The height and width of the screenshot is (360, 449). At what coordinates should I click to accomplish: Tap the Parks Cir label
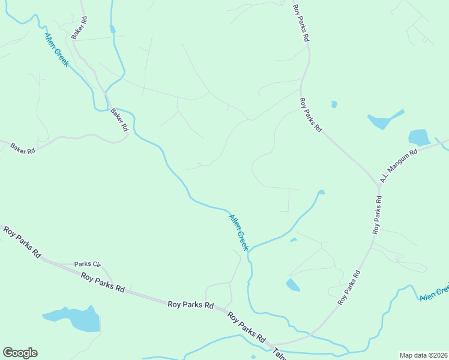88,264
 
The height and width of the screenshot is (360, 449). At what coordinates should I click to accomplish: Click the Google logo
20,353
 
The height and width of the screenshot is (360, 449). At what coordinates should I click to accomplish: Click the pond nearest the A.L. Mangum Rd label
418,137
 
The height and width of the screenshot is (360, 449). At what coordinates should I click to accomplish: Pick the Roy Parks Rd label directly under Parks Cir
103,283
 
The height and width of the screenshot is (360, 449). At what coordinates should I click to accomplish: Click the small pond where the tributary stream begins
321,192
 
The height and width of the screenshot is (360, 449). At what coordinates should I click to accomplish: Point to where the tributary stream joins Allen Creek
250,248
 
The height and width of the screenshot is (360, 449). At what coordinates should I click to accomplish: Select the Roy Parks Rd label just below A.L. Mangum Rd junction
376,213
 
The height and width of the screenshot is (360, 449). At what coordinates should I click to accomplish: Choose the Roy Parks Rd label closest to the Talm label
247,328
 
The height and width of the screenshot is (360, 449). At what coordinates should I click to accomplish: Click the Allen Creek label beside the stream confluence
239,232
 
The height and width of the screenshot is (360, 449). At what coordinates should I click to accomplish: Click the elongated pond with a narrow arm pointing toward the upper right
384,120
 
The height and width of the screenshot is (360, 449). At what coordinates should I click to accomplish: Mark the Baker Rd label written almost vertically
79,28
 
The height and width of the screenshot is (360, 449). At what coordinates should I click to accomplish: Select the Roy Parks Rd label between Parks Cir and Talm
191,305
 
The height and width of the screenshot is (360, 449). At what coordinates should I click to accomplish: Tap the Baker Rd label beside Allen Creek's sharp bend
119,119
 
